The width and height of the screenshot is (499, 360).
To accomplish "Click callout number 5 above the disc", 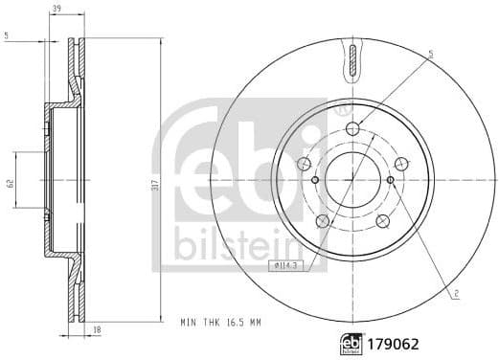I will click(430, 56).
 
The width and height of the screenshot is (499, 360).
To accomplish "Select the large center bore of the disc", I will click(352, 179).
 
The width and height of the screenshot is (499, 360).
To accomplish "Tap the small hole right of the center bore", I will click(390, 179).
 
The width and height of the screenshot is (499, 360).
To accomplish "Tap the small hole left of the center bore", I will click(315, 179).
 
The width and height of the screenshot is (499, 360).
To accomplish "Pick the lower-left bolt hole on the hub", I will click(323, 221).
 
